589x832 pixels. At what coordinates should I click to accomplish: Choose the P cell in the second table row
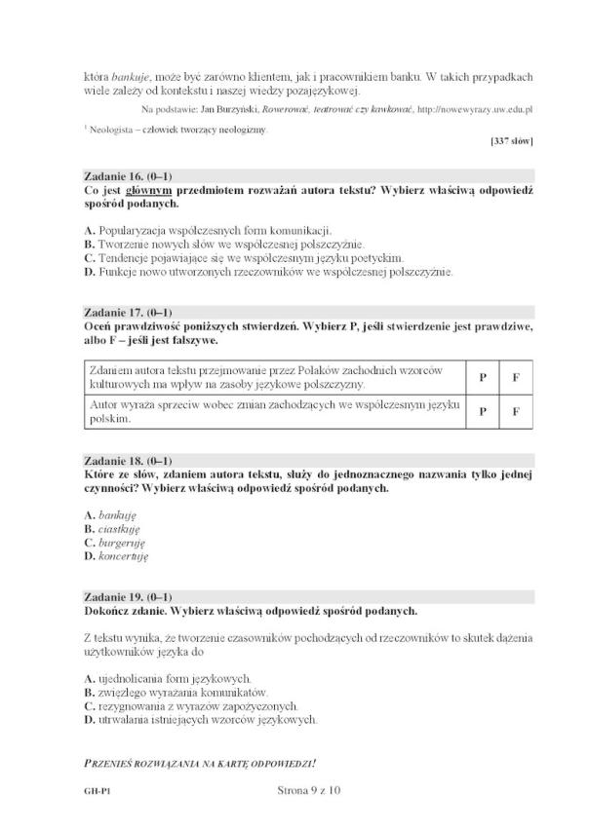point(482,410)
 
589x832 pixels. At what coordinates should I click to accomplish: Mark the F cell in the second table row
point(516,410)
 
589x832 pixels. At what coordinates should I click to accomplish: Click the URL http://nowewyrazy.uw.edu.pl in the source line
point(474,106)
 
